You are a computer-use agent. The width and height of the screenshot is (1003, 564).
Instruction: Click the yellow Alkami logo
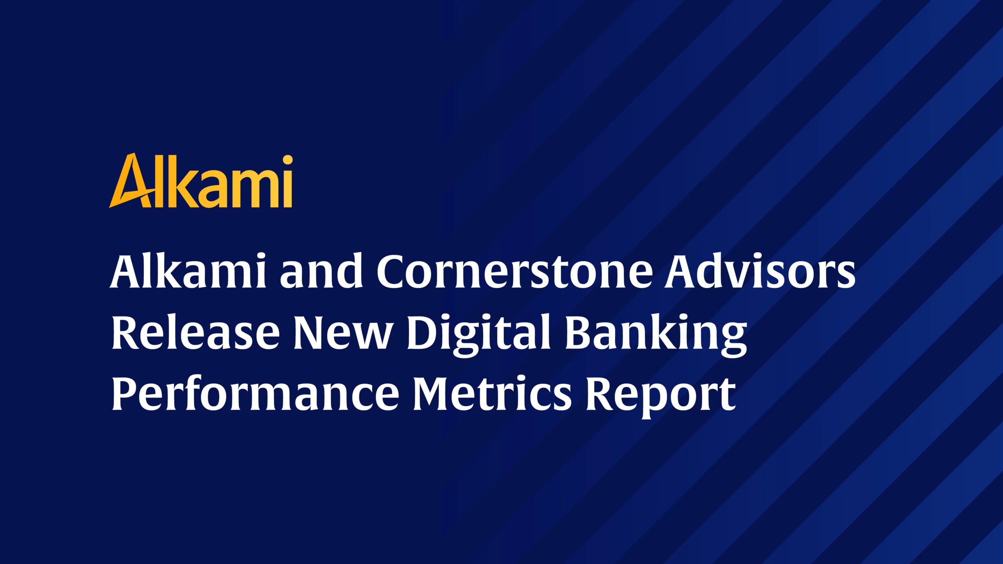click(201, 180)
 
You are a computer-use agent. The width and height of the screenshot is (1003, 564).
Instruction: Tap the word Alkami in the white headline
click(188, 271)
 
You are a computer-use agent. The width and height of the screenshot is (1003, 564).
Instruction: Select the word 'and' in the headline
click(321, 271)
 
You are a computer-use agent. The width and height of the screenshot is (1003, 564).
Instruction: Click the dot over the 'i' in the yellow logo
click(288, 160)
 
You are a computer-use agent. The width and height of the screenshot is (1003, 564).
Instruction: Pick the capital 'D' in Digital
click(425, 333)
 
